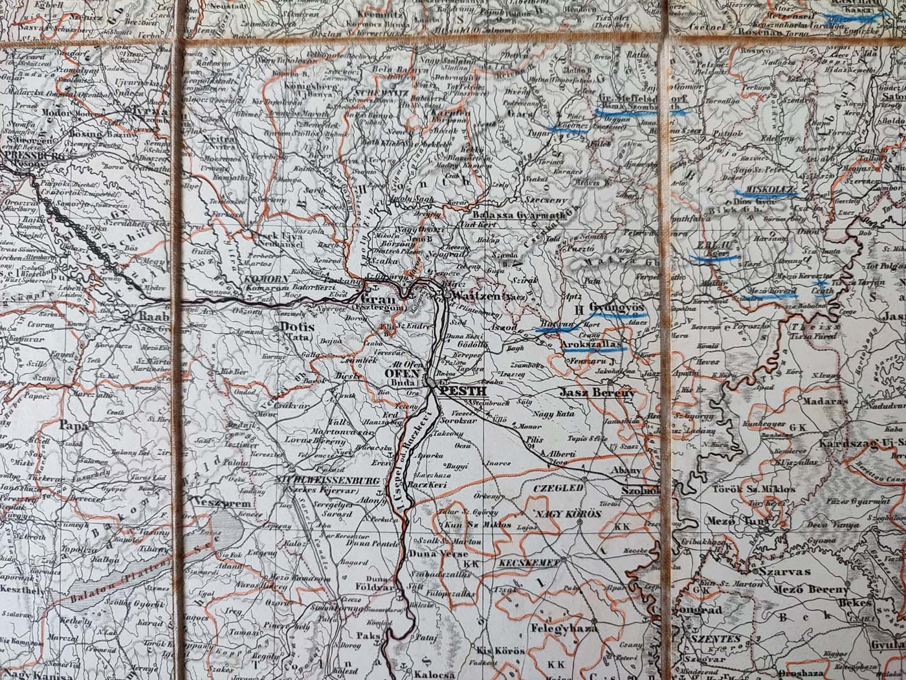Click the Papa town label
(72, 425)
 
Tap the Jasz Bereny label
(599, 392)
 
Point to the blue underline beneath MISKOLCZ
(770, 194)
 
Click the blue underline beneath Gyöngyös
(613, 313)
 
